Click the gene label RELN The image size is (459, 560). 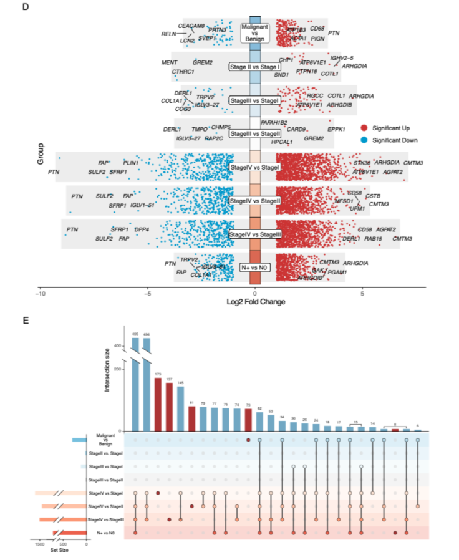coord(168,33)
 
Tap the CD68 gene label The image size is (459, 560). coord(317,29)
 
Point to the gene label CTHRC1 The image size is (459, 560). coord(183,72)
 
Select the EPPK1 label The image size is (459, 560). coord(336,129)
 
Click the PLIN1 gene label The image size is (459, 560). coord(130,163)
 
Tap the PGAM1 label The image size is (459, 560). coord(337,272)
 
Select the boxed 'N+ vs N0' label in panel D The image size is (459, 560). coord(254,268)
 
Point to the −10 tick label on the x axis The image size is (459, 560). coord(40,293)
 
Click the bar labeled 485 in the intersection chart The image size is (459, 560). coord(135,387)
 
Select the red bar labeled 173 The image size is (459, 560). coord(158,404)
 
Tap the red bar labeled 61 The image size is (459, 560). coord(191,419)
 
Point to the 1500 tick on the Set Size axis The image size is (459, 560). coord(40,544)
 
